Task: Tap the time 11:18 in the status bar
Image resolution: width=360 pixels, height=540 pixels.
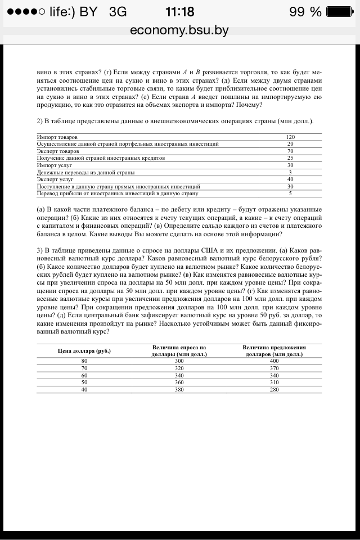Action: [x=180, y=12]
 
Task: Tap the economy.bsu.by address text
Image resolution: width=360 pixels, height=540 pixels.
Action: [x=179, y=30]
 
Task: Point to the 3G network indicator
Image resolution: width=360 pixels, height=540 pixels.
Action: [x=118, y=12]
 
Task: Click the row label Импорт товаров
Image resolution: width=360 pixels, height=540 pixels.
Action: [x=57, y=137]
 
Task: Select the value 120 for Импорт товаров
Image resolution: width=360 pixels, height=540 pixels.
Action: [x=290, y=137]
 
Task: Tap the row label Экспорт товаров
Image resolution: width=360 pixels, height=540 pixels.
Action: [x=58, y=151]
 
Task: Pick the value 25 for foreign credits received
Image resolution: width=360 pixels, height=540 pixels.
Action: [x=290, y=158]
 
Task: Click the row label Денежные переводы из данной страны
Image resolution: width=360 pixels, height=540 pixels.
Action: [x=85, y=172]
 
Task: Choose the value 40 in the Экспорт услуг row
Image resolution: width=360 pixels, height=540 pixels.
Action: [x=290, y=179]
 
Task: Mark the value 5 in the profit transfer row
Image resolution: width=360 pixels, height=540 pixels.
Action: [x=290, y=193]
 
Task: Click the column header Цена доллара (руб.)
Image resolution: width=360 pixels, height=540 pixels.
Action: [x=84, y=351]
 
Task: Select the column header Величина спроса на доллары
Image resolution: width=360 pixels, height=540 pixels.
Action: [x=179, y=351]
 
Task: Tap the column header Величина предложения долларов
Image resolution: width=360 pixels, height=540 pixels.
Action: [x=274, y=351]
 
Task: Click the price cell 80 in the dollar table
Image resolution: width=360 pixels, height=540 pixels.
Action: [x=84, y=361]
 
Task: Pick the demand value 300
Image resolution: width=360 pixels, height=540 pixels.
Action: [x=179, y=361]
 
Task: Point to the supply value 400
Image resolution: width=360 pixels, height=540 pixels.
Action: [x=274, y=361]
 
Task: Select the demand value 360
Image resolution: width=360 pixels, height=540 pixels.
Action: [x=179, y=382]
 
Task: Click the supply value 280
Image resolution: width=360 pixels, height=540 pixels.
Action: [x=274, y=390]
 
